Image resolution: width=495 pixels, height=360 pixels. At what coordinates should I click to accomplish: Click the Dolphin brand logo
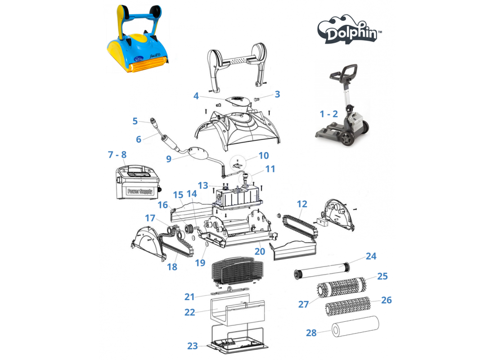pyautogui.click(x=349, y=30)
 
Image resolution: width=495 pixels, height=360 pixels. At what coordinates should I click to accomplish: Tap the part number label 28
pyautogui.click(x=311, y=333)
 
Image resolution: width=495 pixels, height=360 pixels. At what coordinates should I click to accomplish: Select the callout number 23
pyautogui.click(x=193, y=346)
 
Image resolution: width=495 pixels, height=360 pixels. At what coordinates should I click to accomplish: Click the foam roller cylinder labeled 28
pyautogui.click(x=355, y=326)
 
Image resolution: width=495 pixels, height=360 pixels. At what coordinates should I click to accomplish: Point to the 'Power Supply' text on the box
pyautogui.click(x=140, y=191)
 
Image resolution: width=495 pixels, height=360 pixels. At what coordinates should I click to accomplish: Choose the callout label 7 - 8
pyautogui.click(x=117, y=154)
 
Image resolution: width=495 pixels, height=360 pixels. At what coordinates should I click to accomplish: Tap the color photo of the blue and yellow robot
pyautogui.click(x=138, y=39)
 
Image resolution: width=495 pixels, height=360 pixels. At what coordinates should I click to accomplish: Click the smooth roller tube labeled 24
pyautogui.click(x=322, y=270)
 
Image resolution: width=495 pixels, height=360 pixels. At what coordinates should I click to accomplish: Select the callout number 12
pyautogui.click(x=302, y=204)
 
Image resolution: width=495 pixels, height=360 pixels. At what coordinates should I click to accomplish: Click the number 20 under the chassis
pyautogui.click(x=260, y=252)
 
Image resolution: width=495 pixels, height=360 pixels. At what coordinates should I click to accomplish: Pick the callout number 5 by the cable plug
pyautogui.click(x=135, y=121)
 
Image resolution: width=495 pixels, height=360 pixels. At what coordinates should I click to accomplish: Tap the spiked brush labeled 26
pyautogui.click(x=347, y=306)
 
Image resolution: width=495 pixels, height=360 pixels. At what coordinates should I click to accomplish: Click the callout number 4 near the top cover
pyautogui.click(x=196, y=96)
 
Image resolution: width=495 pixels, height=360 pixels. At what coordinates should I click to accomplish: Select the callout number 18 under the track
pyautogui.click(x=172, y=267)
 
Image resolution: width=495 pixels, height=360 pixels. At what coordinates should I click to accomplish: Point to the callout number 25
pyautogui.click(x=382, y=276)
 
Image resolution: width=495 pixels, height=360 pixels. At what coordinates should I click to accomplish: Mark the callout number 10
pyautogui.click(x=264, y=155)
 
